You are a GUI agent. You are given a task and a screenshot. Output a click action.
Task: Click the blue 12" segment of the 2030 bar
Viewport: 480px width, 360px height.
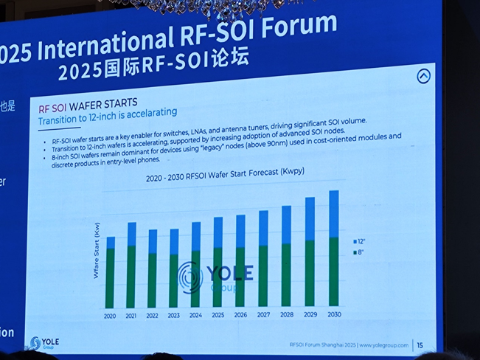(x=334, y=214)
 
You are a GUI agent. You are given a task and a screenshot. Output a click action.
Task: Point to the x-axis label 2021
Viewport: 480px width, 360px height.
(x=131, y=316)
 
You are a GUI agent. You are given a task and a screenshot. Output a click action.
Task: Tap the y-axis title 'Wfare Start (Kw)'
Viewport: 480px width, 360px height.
(x=95, y=251)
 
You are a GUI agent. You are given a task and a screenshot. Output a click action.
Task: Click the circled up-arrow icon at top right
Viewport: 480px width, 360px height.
(x=423, y=76)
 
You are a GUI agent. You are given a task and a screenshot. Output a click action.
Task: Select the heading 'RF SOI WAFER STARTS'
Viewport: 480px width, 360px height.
(x=88, y=104)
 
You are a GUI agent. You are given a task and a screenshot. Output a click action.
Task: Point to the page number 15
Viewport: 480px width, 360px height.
(x=420, y=345)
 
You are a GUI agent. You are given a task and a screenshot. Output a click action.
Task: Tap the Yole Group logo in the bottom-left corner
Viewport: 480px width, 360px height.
(x=44, y=343)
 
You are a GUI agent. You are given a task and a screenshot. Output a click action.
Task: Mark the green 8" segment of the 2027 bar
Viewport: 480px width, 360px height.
(x=263, y=276)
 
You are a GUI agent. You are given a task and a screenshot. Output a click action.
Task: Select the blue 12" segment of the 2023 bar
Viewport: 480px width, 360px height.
(x=174, y=242)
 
